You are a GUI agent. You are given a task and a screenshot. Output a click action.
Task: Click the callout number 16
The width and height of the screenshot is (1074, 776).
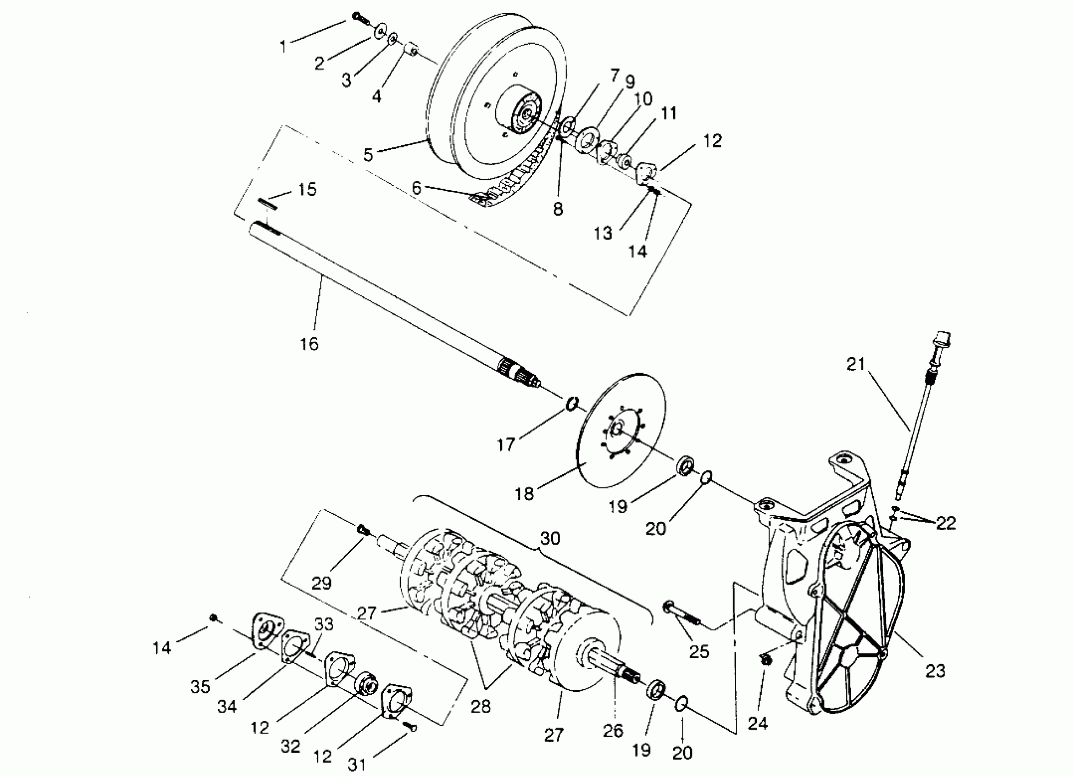click(x=309, y=344)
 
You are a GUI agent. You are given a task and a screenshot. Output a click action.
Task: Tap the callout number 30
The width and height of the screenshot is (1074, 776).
click(x=550, y=538)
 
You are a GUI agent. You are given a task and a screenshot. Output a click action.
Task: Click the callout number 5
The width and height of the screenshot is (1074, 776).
click(x=368, y=155)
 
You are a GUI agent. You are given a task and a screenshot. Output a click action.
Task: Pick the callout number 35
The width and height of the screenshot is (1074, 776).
click(x=201, y=687)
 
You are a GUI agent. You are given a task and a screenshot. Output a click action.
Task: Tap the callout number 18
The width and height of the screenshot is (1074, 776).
click(x=524, y=494)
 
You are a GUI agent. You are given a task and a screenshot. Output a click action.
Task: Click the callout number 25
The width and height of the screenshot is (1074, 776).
click(x=699, y=651)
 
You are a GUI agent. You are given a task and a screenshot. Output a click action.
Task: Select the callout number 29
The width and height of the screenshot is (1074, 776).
click(x=321, y=582)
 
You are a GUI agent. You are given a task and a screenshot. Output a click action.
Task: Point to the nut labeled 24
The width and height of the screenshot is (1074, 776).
click(x=764, y=660)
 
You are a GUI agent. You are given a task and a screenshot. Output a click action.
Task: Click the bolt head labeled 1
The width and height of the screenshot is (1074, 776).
click(x=358, y=17)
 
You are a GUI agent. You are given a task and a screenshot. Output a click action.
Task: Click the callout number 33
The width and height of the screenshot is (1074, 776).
click(x=324, y=624)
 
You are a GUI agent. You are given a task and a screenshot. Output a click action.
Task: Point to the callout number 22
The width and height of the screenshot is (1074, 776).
click(x=946, y=523)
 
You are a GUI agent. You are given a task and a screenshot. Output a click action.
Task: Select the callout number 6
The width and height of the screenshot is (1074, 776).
click(x=416, y=188)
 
